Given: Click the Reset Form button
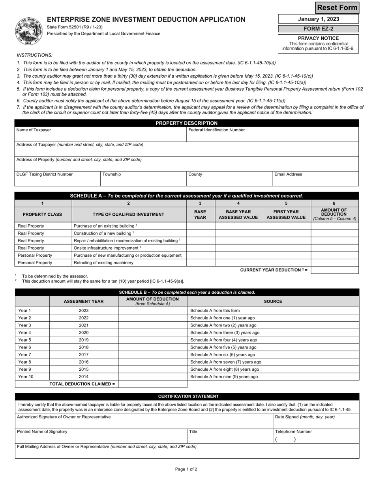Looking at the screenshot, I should click(x=337, y=7).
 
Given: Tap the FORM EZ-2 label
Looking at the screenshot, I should click(x=318, y=29).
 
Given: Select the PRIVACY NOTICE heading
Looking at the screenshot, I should click(x=318, y=38).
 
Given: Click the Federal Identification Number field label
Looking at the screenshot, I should click(x=217, y=130).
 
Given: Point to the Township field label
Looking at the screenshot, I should click(x=112, y=174).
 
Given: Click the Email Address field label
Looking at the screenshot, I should click(x=289, y=174).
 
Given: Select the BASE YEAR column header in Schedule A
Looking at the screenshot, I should click(x=200, y=214).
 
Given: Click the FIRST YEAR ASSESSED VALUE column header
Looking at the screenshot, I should click(x=286, y=214).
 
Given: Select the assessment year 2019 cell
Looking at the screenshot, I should click(x=84, y=340).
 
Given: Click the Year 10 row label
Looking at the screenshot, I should click(x=26, y=377).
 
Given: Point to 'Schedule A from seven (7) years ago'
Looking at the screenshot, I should click(x=225, y=362).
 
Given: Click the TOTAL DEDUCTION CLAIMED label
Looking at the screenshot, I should click(x=82, y=384).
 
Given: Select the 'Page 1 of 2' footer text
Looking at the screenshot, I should click(x=186, y=469).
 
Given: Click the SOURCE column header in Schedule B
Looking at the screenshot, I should click(x=273, y=301).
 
